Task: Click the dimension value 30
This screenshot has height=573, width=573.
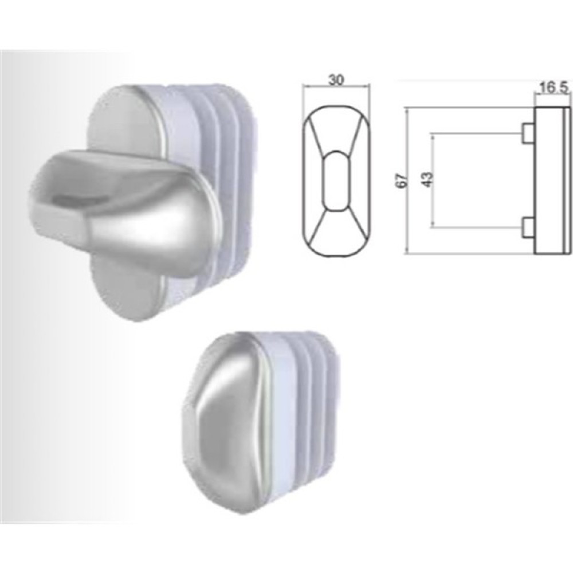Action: [336, 80]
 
